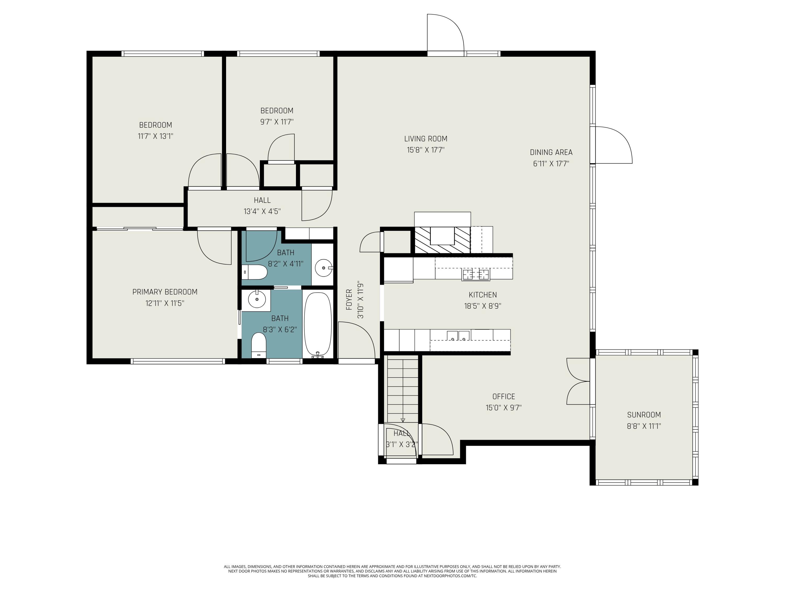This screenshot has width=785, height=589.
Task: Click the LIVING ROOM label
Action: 425,139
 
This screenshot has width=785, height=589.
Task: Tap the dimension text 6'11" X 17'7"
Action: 551,164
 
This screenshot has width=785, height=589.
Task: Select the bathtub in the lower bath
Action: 318,324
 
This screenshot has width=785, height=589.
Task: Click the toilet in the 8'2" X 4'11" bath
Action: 255,272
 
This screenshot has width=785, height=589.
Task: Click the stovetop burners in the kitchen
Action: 475,274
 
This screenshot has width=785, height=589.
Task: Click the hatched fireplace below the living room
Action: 442,240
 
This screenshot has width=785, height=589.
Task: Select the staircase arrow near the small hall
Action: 403,420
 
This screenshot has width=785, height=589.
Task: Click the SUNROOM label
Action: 644,415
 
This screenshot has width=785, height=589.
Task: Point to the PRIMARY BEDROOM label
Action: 165,292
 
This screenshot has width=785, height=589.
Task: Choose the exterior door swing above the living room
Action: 445,34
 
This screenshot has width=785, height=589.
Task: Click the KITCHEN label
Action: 483,295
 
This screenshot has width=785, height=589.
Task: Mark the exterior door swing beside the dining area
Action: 613,145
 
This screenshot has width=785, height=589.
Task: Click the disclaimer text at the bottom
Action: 392,571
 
